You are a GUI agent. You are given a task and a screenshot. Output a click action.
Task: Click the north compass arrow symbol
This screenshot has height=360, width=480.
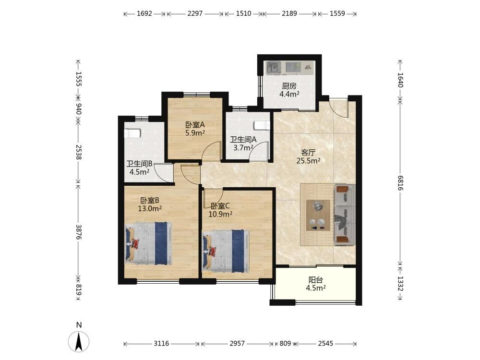(79, 341)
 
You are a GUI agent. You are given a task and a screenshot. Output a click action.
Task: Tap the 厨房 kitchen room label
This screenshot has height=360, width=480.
(289, 86)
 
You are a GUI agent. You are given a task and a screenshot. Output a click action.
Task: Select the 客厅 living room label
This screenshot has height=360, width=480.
(308, 153)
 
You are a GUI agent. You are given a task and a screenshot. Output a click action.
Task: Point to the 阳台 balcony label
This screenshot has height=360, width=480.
(316, 280)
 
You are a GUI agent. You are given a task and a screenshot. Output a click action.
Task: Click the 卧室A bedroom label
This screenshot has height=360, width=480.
(195, 125)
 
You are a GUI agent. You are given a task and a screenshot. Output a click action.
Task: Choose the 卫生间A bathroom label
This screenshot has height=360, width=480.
(243, 140)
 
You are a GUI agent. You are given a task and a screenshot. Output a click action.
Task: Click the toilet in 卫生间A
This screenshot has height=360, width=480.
(262, 125)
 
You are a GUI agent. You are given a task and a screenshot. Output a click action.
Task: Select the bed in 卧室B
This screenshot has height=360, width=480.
(148, 243)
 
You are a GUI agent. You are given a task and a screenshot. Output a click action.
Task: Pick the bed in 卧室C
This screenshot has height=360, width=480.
(226, 251)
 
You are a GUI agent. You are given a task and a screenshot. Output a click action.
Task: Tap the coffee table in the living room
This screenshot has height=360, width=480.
(318, 215)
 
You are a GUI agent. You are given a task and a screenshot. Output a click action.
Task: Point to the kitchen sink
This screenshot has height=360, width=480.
(274, 68)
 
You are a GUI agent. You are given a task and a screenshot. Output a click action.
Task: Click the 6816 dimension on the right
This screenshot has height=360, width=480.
(400, 183)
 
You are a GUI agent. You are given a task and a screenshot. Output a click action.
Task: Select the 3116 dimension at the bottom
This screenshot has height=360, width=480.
(161, 344)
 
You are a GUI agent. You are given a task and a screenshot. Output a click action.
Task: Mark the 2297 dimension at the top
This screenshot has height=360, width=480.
(195, 13)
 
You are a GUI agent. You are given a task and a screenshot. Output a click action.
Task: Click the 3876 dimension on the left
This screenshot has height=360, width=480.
(78, 232)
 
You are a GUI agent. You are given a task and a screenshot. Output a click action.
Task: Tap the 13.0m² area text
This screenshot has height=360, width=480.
(150, 209)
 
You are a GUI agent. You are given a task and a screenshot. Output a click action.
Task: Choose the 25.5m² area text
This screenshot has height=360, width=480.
(308, 160)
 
